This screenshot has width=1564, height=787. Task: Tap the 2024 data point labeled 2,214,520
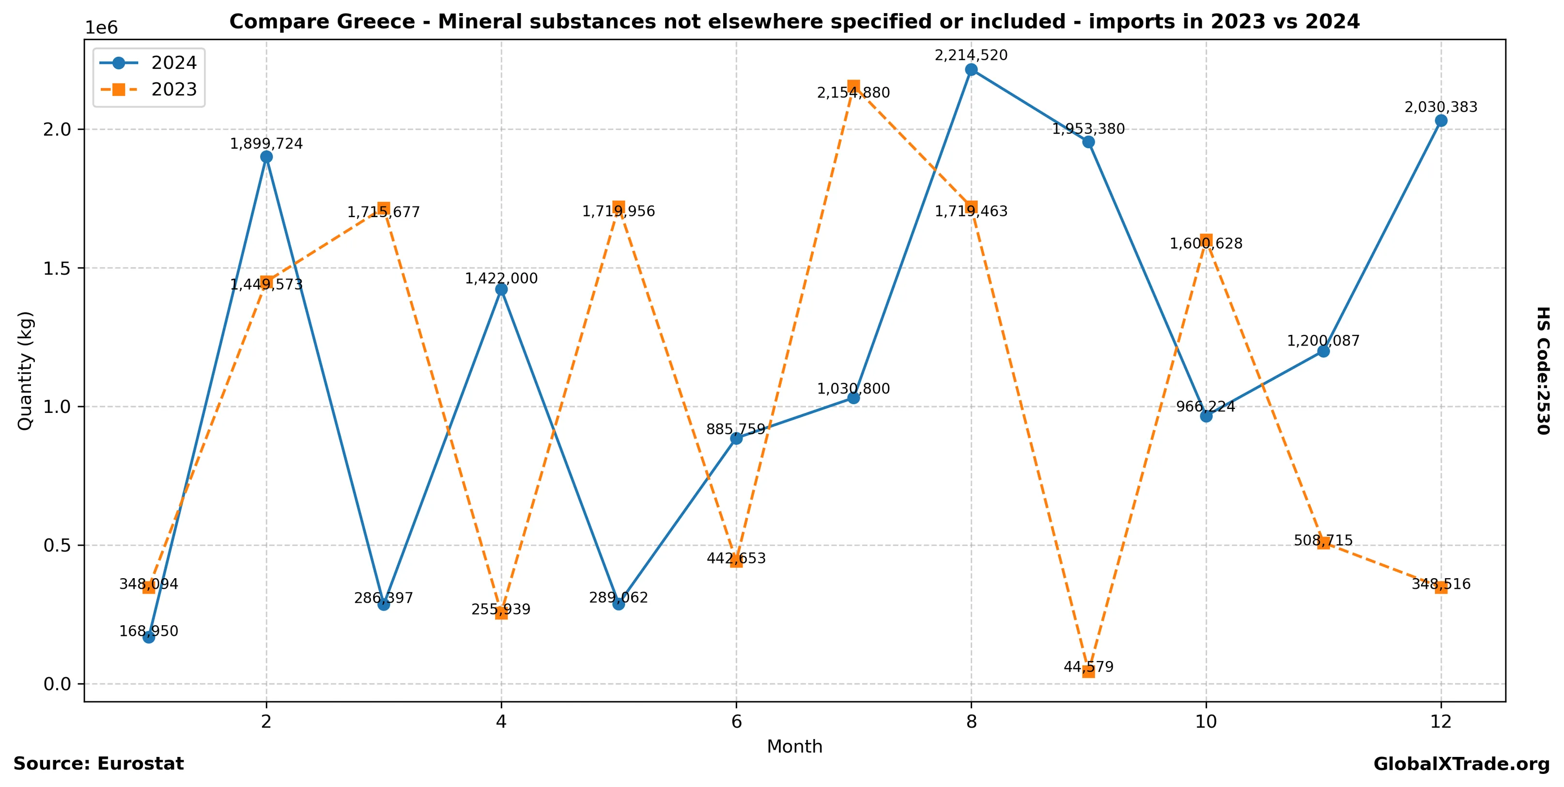[971, 70]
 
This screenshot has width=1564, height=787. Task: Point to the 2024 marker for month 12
[1441, 121]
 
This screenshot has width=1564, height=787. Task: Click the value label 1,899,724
[266, 144]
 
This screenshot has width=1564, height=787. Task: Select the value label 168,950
[149, 631]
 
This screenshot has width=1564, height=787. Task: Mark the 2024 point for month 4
[501, 290]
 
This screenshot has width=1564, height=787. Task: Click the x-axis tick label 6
[736, 722]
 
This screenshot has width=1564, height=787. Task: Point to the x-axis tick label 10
[1206, 722]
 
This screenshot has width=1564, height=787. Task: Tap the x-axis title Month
[794, 747]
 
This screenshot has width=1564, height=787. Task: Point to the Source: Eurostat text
[98, 764]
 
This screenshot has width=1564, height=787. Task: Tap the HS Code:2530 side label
[1543, 370]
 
